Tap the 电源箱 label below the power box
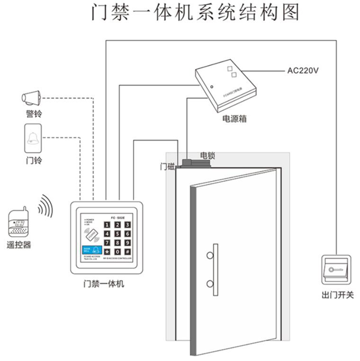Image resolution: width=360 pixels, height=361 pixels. coord(234,119)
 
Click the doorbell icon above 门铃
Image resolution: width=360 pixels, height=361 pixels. coord(32,137)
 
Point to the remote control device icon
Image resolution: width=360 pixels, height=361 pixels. coord(19,222)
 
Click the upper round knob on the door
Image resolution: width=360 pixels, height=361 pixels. coord(210,256)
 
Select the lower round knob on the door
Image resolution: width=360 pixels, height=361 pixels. coord(210,284)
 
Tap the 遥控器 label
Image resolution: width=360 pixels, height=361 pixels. coord(19,245)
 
